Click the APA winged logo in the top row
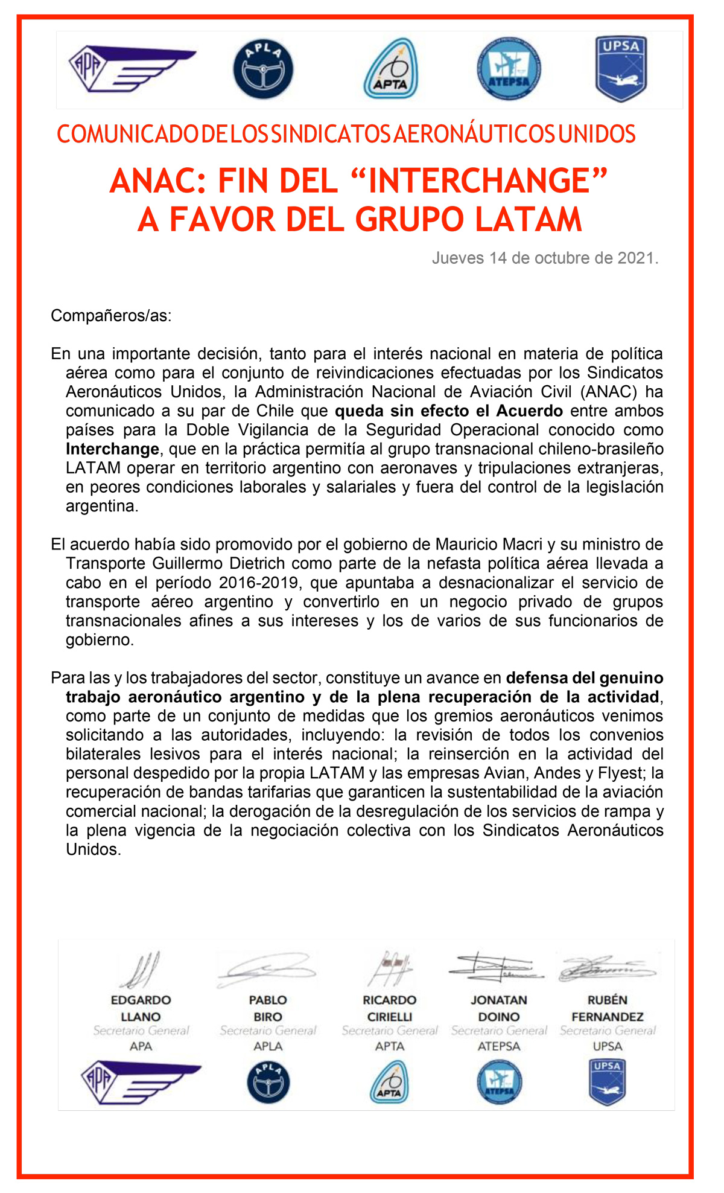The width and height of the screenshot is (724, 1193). tap(132, 69)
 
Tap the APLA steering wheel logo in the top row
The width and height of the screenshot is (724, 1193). tap(263, 69)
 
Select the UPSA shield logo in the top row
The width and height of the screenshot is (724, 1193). tap(621, 69)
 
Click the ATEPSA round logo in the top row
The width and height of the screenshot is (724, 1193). tap(508, 69)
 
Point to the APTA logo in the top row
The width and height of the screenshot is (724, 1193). tap(390, 69)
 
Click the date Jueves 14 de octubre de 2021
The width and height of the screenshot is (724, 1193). tap(545, 258)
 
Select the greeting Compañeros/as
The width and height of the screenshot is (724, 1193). tap(111, 316)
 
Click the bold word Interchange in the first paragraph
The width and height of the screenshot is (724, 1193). tap(112, 449)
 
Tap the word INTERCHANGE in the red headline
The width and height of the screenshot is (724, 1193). tap(478, 181)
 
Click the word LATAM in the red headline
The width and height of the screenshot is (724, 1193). tap(528, 219)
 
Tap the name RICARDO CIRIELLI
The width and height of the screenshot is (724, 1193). tap(389, 1008)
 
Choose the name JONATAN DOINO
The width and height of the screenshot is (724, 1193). tap(499, 1008)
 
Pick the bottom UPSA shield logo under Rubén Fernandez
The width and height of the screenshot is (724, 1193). tap(607, 1082)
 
